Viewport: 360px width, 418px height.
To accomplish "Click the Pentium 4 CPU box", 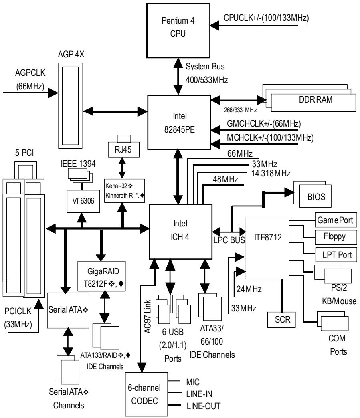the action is pos(178,30).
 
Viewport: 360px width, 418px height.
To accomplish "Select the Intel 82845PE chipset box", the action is pos(179,123).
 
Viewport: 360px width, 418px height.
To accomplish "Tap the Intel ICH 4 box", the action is pos(180,232).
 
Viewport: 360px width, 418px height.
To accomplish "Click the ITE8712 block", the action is pos(267,248).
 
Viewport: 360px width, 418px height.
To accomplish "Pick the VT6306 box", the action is pos(83,201).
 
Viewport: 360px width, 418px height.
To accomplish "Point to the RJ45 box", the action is pos(123,149).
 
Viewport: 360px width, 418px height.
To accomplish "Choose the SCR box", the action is pos(281,319).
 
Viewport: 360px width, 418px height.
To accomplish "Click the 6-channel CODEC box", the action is pos(146,394).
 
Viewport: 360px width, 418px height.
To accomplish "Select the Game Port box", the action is pos(336,220).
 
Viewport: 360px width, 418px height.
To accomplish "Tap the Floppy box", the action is pos(336,237).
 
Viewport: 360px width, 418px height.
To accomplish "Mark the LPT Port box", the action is pos(336,254).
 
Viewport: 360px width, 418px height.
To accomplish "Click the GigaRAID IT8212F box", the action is pos(101,276).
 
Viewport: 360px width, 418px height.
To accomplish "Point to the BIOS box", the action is pos(315,196).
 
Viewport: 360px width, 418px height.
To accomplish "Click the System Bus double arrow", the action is pos(178,77).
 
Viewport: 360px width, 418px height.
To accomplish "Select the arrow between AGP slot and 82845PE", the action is pos(115,111).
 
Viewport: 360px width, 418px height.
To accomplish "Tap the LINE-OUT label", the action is pos(204,406).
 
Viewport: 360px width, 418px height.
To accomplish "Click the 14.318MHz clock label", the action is pos(271,174).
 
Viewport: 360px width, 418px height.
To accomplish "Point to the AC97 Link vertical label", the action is pos(147,317).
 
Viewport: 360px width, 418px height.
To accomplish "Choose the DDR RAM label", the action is pos(316,100).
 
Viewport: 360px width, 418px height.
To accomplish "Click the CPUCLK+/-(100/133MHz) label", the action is pos(266,18).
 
